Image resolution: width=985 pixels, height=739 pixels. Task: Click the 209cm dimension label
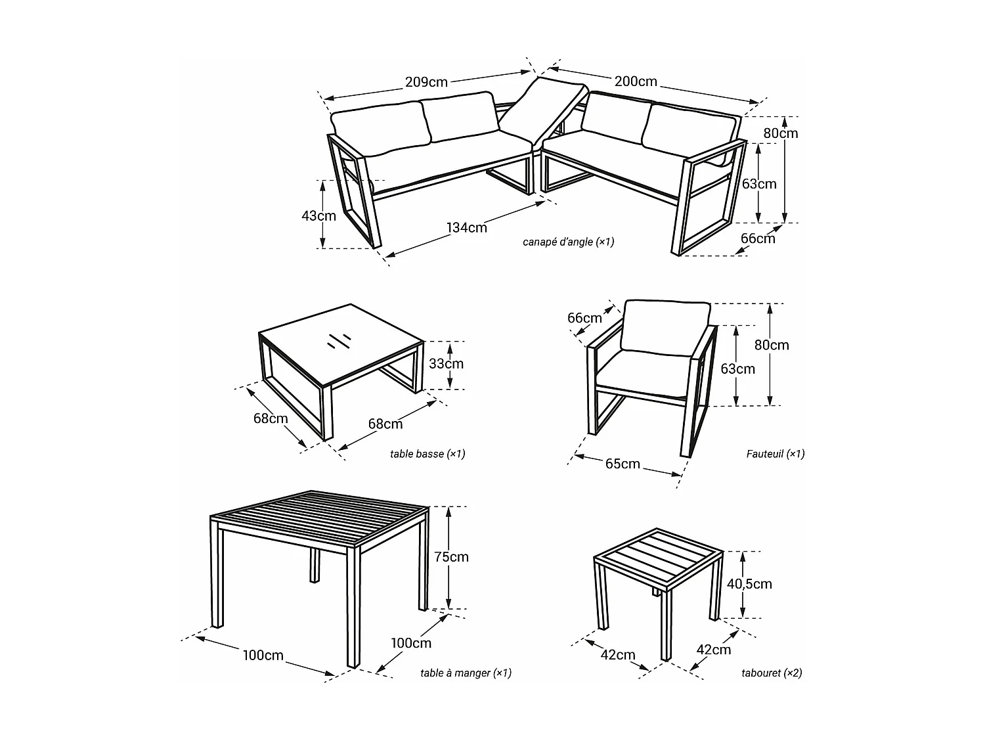coord(426,82)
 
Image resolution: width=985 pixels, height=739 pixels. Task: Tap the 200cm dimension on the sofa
coord(635,82)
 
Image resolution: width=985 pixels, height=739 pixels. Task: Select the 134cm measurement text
coord(467,228)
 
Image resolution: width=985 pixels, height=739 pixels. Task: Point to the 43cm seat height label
coord(320,215)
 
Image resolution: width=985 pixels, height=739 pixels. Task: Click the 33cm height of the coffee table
coord(446,364)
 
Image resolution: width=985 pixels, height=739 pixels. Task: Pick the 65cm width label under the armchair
coord(622,464)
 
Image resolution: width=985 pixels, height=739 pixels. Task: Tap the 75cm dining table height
coord(451,557)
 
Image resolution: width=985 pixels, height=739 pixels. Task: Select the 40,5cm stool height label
coord(749,584)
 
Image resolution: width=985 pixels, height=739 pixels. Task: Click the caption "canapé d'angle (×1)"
coord(568,242)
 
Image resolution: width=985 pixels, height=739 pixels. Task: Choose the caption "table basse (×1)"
coord(427,454)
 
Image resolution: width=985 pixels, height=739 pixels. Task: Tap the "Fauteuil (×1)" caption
coord(775,454)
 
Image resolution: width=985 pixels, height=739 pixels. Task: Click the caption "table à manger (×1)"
coord(466,673)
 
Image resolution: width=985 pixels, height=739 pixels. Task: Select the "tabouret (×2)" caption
coord(772,673)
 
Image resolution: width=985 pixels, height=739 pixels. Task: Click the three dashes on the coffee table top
coord(338,340)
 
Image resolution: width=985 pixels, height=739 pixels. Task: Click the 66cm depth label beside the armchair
coord(584,319)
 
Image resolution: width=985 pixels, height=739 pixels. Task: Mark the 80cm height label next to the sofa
coord(780,133)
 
